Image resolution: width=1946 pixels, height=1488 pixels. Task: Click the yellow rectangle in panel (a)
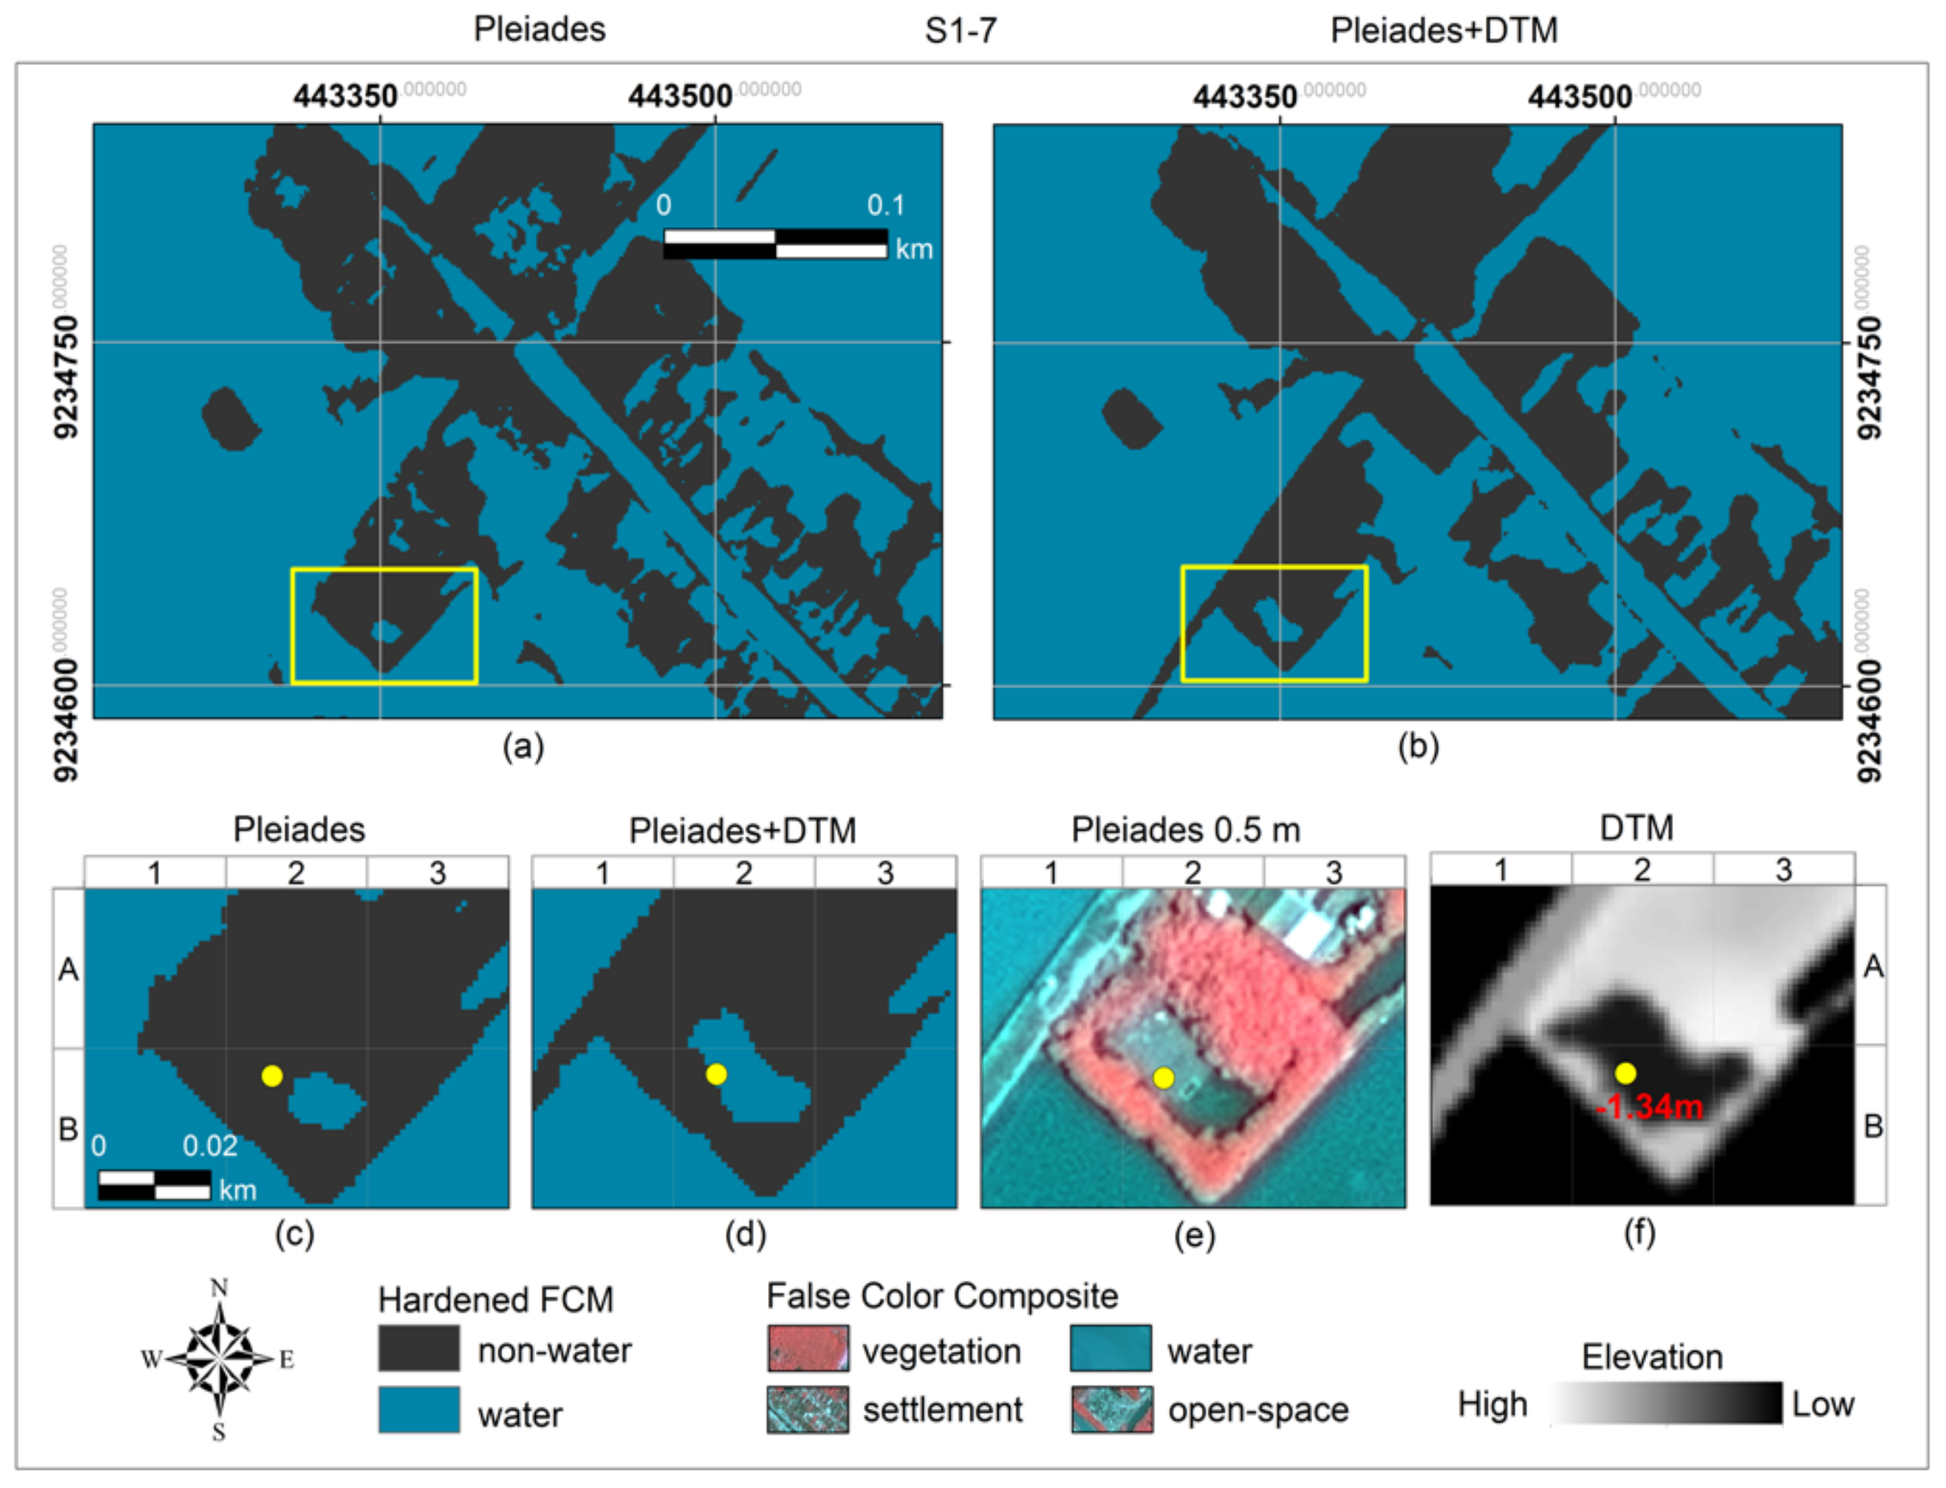coord(385,570)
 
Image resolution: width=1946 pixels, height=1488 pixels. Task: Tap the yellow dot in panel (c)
coord(272,1076)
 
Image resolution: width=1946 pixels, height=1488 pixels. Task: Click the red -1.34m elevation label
coord(1649,1107)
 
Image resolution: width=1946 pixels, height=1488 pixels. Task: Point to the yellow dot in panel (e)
coord(1164,1078)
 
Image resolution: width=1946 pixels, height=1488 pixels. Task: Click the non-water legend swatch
coord(418,1349)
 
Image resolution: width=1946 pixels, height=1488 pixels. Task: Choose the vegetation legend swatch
coord(807,1349)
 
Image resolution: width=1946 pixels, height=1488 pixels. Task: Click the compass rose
coord(219,1359)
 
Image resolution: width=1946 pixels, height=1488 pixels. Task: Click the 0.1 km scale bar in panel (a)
coord(775,243)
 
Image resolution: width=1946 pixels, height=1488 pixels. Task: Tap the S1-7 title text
coord(961,31)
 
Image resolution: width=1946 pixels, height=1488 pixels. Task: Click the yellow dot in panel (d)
coord(716,1074)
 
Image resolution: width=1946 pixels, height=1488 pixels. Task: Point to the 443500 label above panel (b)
coord(1579,96)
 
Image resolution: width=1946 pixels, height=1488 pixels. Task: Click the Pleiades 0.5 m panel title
coord(1185,830)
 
